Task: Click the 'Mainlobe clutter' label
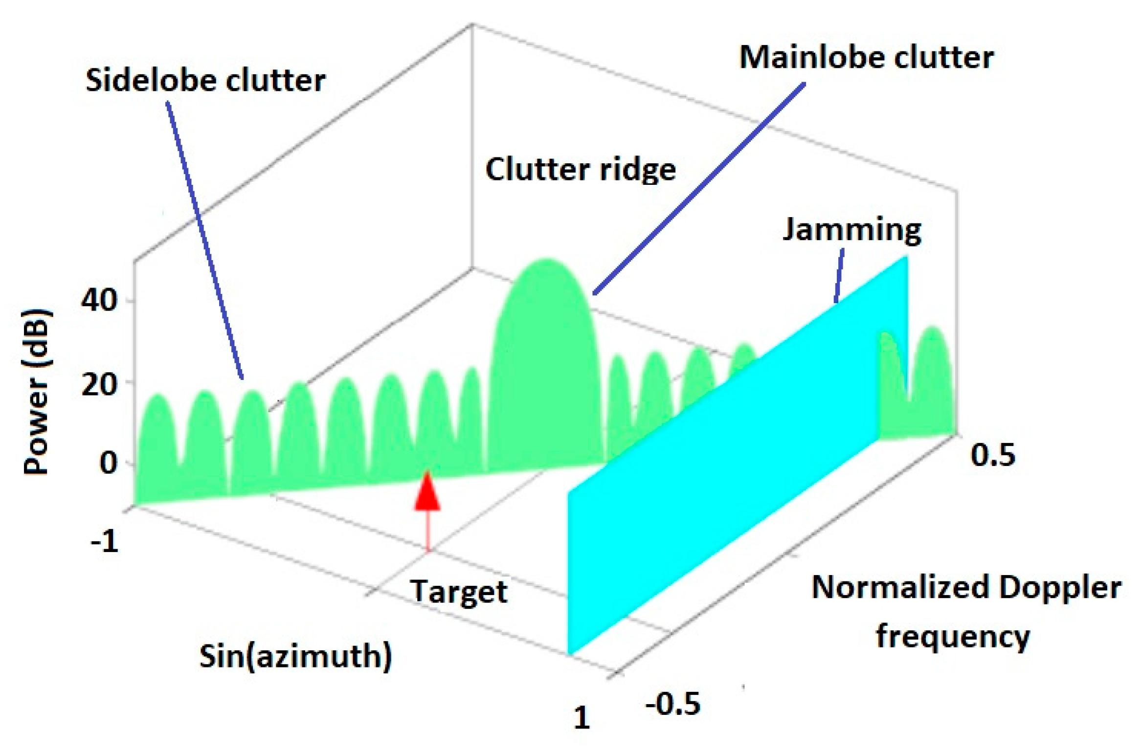(866, 57)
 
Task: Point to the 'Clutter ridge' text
(581, 170)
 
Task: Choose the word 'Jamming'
(852, 229)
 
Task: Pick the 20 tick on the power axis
(99, 385)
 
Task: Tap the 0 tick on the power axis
(108, 462)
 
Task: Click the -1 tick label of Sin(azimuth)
(105, 541)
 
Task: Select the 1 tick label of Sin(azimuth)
(582, 717)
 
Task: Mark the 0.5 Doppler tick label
(993, 455)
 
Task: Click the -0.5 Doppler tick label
(673, 704)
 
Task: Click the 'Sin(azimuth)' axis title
(295, 656)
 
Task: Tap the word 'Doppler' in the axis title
(1060, 587)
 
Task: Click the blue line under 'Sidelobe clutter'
(205, 240)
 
